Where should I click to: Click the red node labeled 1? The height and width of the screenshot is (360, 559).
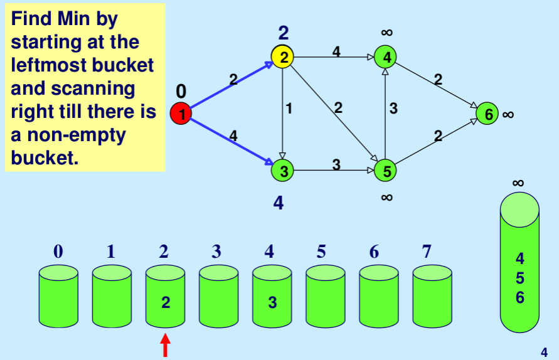click(181, 114)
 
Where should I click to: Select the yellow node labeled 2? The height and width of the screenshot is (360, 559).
click(283, 57)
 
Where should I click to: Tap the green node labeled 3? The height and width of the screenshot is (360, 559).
click(283, 169)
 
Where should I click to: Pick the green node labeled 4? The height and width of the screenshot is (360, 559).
click(386, 57)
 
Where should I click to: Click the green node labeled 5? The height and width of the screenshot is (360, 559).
click(386, 169)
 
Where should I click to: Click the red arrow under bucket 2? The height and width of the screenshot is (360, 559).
click(166, 346)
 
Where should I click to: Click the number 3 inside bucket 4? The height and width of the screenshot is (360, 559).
click(272, 302)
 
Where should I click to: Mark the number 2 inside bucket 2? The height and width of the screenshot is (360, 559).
click(166, 302)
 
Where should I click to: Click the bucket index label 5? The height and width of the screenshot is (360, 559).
click(321, 251)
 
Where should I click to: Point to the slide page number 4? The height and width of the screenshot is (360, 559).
click(544, 352)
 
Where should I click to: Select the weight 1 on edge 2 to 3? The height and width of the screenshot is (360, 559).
click(289, 108)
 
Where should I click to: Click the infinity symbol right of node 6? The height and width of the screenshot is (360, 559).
click(508, 114)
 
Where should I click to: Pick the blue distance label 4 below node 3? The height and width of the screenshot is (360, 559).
click(279, 203)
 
